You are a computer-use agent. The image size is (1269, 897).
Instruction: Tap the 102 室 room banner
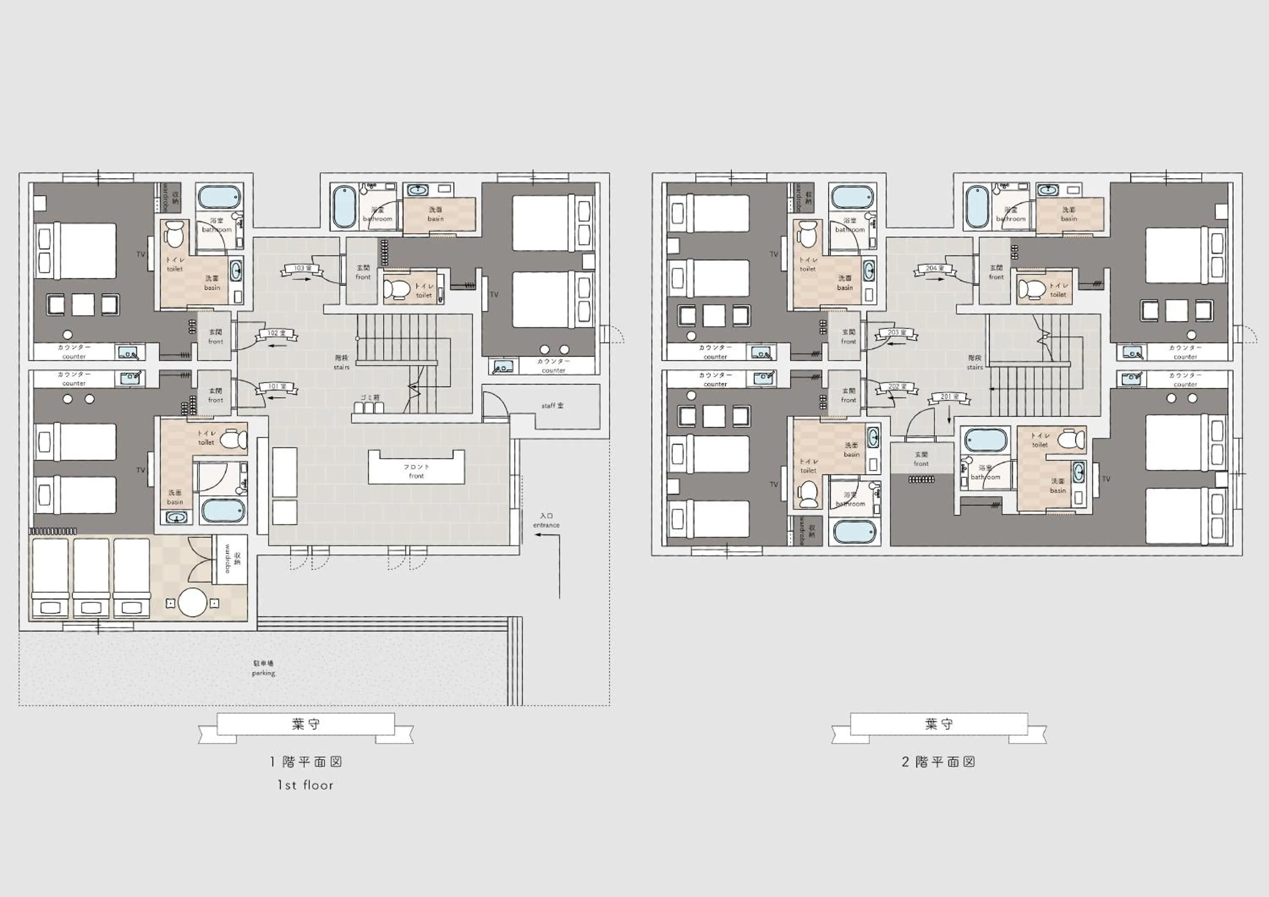coord(276,334)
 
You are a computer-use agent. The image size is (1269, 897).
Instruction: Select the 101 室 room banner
coord(276,387)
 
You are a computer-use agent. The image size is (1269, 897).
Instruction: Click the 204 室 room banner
coord(934,268)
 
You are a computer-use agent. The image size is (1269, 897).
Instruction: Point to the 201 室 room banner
coord(950,397)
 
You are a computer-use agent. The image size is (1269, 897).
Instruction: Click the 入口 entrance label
coord(546,520)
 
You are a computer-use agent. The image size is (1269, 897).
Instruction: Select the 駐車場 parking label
coord(263,668)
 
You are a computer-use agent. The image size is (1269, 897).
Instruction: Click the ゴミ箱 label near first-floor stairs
coord(370,397)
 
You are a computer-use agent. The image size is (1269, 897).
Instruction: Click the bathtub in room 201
coord(986,440)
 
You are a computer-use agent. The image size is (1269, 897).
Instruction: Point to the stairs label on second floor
coord(975,363)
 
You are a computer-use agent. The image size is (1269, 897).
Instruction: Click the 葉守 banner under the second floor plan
coord(939,724)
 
